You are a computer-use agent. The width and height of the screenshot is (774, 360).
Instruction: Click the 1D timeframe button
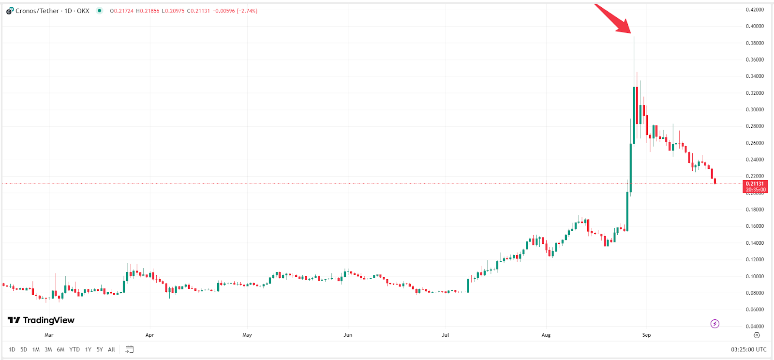tap(12, 349)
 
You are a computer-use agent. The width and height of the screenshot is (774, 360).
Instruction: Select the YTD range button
tap(74, 349)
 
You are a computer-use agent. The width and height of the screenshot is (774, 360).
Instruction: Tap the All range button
tap(111, 349)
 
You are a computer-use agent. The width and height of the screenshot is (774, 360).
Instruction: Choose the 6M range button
tap(60, 349)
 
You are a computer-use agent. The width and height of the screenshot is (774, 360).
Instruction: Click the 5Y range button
tap(99, 349)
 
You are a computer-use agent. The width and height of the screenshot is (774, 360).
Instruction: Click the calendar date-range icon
tap(129, 349)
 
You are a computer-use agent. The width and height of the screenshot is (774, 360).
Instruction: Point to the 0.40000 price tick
tap(755, 26)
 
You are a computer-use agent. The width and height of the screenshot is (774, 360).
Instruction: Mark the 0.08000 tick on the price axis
tap(755, 293)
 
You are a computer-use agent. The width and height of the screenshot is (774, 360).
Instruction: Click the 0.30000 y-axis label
tap(755, 109)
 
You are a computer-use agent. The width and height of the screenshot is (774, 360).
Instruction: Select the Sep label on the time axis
tap(646, 335)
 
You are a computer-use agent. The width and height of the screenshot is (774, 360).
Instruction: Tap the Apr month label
tap(149, 335)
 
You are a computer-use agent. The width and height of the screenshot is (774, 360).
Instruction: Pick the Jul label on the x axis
tap(445, 335)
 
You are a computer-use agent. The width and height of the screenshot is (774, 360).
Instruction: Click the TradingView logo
tap(41, 320)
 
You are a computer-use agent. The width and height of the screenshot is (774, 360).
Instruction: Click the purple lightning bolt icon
tap(714, 324)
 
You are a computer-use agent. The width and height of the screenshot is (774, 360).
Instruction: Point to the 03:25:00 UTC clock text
tap(748, 349)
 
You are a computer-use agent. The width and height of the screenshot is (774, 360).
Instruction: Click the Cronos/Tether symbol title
tap(52, 11)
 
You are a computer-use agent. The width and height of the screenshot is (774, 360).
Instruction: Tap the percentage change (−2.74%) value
tap(247, 11)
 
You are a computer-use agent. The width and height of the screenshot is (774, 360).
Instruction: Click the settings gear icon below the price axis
tap(757, 335)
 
